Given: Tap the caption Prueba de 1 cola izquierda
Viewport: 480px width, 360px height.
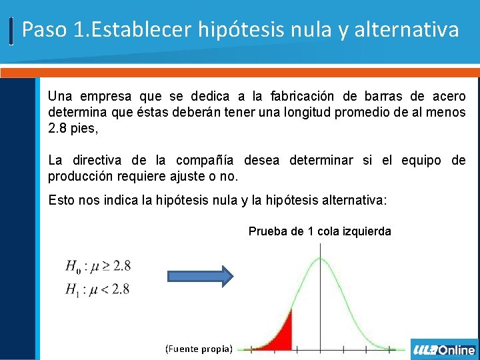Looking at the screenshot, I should pyautogui.click(x=320, y=231).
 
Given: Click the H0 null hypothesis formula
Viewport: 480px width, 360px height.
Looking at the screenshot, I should pyautogui.click(x=98, y=266).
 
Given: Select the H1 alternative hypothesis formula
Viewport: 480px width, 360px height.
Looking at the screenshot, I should pyautogui.click(x=97, y=289).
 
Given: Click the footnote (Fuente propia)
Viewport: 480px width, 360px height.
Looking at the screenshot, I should pyautogui.click(x=199, y=349).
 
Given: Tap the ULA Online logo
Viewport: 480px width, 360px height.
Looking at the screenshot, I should pyautogui.click(x=444, y=350).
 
